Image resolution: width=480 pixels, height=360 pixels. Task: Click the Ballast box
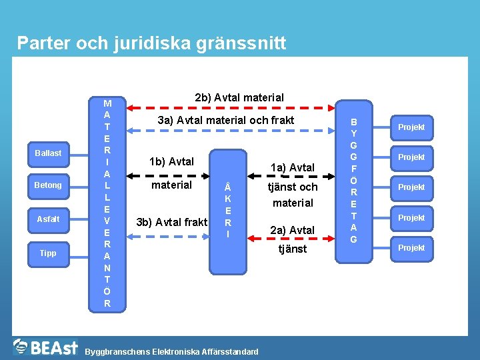click(x=48, y=153)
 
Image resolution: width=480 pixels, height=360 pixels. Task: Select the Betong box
click(x=48, y=185)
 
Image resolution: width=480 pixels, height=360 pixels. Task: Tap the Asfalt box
click(x=48, y=219)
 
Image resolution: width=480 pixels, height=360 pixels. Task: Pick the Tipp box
click(x=48, y=253)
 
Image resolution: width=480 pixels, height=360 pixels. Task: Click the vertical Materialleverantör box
click(x=107, y=204)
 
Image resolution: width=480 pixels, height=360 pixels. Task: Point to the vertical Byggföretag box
click(x=353, y=181)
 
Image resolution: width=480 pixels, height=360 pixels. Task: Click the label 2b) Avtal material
click(x=239, y=97)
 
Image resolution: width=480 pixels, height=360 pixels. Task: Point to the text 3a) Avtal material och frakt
click(x=225, y=121)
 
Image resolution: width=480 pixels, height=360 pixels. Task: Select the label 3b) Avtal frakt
click(x=171, y=222)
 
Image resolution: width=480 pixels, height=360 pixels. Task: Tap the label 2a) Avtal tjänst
click(x=292, y=239)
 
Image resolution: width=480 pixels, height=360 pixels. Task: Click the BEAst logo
click(x=47, y=347)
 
